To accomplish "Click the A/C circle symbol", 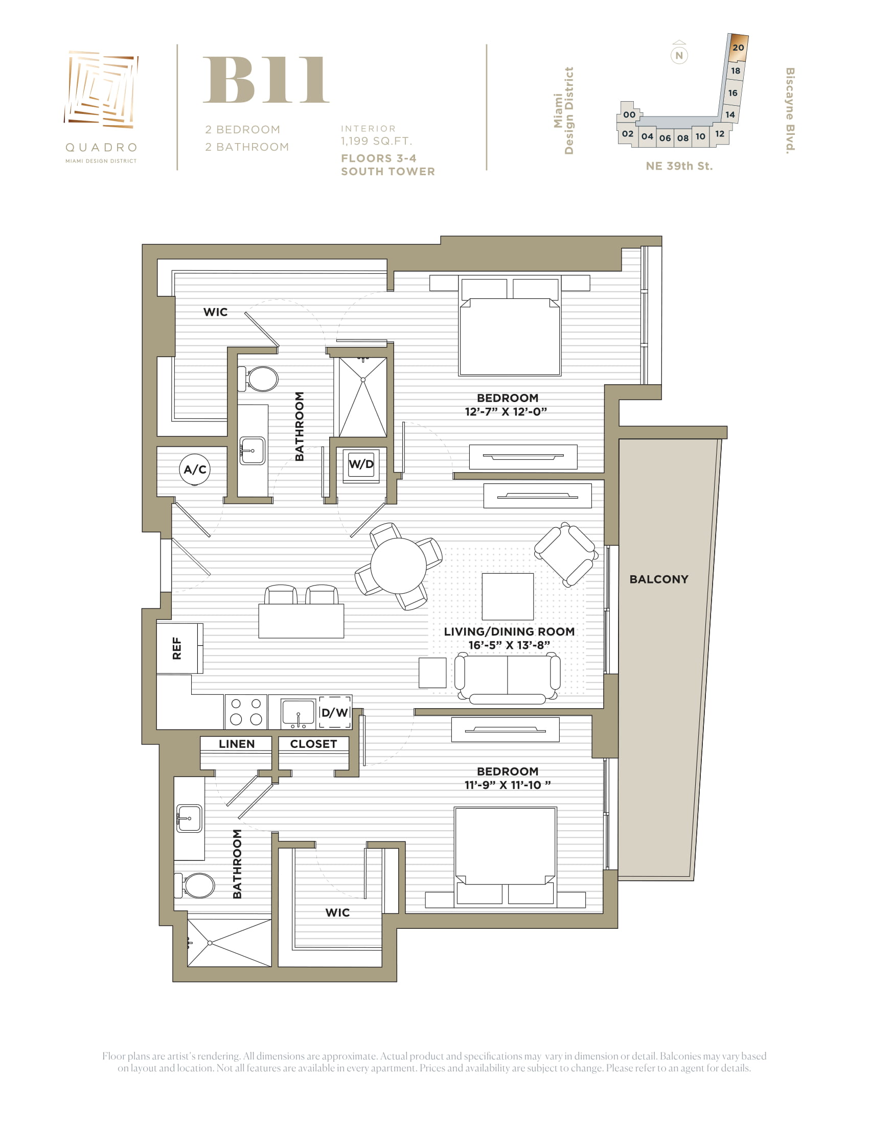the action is tap(195, 470).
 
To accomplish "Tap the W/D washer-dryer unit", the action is tap(361, 464).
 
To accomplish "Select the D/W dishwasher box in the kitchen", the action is tap(335, 712).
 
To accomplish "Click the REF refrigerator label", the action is tap(176, 648).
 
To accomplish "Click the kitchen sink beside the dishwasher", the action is tap(298, 713).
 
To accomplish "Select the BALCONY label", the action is tap(658, 579).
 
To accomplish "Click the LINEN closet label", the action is tap(236, 744).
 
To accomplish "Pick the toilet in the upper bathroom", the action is tap(258, 379).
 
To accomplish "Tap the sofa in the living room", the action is tap(507, 678).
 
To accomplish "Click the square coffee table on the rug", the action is tap(508, 596).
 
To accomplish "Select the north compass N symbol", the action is tap(679, 55).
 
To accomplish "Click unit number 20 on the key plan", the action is tap(738, 48).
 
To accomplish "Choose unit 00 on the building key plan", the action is tap(629, 115).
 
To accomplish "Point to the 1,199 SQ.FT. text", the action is tap(376, 141).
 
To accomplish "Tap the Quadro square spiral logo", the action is tap(101, 89).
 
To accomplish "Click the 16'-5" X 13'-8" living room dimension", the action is tap(509, 645).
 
